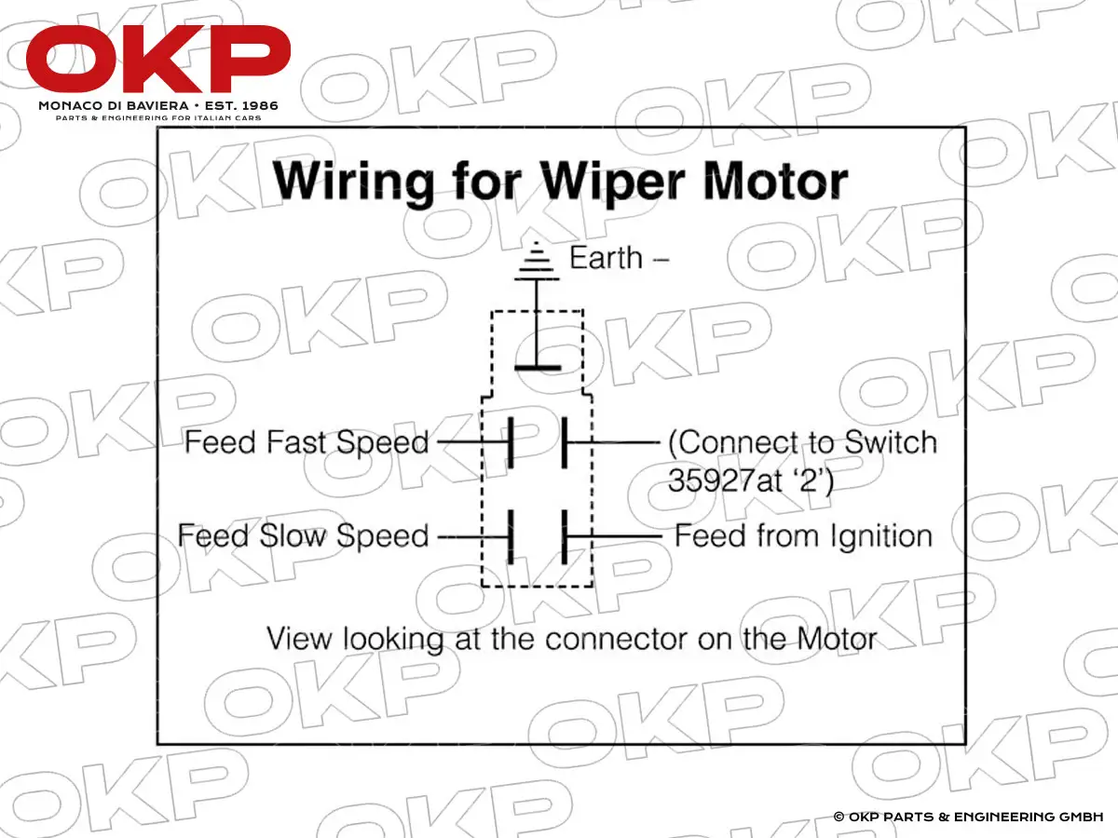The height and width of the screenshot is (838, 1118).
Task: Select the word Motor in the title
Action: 775,182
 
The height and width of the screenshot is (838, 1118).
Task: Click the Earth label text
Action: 607,258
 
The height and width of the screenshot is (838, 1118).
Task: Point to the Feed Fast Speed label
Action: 307,441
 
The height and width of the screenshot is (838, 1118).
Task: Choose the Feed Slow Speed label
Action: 303,536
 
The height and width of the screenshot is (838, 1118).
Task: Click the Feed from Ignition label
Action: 803,536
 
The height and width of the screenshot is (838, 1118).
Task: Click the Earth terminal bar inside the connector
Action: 537,368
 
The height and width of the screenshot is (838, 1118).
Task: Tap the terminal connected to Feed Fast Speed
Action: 511,441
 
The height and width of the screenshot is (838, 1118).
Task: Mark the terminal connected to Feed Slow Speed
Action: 511,536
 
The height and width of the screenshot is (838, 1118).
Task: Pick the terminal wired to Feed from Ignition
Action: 564,536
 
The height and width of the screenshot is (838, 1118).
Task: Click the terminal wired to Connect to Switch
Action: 564,441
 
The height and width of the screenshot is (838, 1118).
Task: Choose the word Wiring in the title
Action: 354,182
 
